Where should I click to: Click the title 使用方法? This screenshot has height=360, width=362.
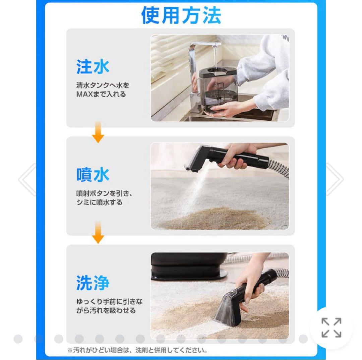(181, 15)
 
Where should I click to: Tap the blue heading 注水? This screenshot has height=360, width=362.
(93, 67)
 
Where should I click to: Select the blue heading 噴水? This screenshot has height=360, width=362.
(93, 175)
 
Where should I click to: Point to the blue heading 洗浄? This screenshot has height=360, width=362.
(93, 283)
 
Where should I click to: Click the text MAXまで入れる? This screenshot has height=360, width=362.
(101, 94)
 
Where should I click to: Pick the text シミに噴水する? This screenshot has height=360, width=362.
(99, 202)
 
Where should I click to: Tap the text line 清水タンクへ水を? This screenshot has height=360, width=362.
(103, 85)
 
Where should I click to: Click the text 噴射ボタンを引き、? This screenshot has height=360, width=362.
(104, 193)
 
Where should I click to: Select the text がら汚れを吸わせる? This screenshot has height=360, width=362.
(106, 310)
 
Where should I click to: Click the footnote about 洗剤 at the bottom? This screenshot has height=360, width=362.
(137, 350)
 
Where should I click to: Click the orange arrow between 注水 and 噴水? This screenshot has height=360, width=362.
(98, 132)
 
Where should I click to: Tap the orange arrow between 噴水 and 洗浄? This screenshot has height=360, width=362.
(98, 233)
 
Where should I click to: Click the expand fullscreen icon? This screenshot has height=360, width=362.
(331, 327)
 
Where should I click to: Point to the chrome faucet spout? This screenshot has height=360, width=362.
(204, 44)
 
